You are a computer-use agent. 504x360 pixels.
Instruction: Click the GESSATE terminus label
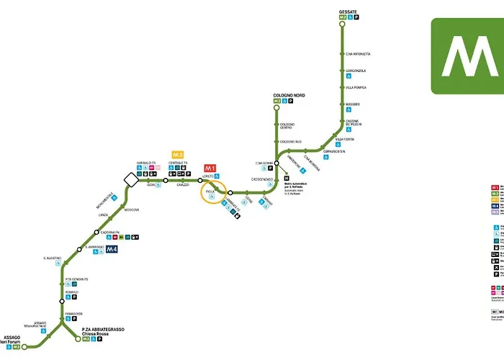348,13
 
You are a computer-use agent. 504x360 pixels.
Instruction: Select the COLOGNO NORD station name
288,96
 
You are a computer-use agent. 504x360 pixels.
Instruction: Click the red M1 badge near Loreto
211,167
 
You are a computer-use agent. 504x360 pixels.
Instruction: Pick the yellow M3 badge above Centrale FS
177,154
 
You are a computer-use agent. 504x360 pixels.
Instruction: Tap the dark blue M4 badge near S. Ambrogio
112,250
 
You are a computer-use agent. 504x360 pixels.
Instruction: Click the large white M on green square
467,55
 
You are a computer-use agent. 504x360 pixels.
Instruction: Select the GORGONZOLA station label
356,71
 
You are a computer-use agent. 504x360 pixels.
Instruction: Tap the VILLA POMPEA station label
356,88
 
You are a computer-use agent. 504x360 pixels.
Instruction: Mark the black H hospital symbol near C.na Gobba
286,179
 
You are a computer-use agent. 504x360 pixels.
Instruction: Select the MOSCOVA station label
132,210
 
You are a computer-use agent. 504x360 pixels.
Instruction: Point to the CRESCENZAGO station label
261,179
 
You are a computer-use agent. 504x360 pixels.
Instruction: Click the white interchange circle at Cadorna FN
96,232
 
